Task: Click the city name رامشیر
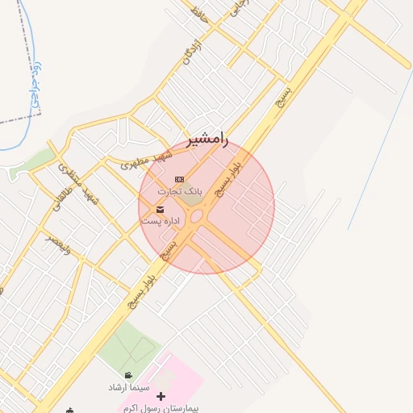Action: [x=208, y=139]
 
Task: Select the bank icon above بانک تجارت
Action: [x=179, y=179]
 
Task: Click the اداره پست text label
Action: [x=161, y=220]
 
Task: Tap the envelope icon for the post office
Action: [x=160, y=209]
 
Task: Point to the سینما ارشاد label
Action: [x=130, y=387]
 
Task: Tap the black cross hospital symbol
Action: [x=161, y=397]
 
